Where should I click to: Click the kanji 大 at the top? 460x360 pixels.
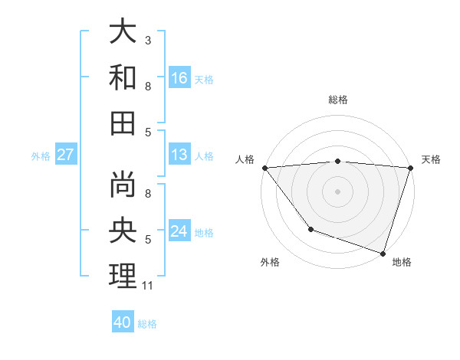[123, 32]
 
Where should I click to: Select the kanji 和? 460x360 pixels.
[123, 77]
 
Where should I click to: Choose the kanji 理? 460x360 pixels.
[123, 276]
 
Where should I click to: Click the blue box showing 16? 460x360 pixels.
[179, 77]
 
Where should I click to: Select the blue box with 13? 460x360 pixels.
[179, 155]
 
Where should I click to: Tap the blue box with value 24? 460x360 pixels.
[179, 231]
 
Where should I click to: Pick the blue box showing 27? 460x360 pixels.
[66, 155]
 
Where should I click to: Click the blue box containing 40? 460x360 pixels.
[123, 322]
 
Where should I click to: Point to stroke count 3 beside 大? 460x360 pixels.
[148, 40]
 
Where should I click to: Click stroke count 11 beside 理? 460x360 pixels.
[148, 286]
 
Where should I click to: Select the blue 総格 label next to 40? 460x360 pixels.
[147, 324]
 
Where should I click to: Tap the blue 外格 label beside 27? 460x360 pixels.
[41, 156]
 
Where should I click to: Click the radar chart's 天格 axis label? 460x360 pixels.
[431, 159]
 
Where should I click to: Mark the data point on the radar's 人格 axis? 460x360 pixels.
[264, 168]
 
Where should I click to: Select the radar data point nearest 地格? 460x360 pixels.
[383, 253]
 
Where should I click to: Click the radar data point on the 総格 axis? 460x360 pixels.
[337, 161]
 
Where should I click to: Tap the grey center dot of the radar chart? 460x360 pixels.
[337, 191]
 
